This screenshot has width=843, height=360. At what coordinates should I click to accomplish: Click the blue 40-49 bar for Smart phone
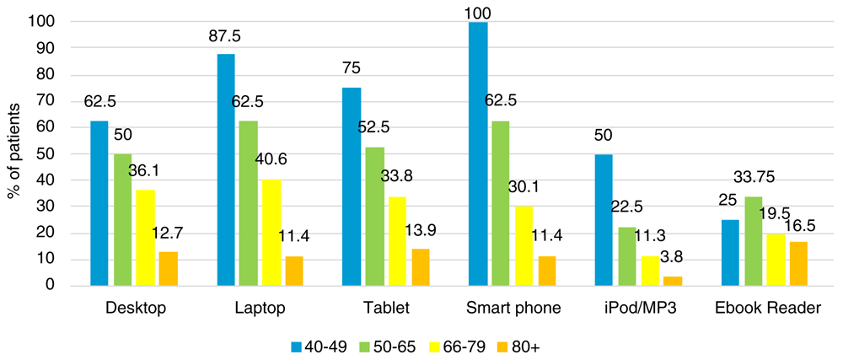tap(477, 153)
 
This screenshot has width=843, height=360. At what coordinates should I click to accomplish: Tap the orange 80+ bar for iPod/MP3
tap(672, 281)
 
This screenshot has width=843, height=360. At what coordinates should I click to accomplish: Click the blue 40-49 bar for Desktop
tap(99, 203)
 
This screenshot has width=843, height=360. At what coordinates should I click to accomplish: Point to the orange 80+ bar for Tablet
tap(421, 267)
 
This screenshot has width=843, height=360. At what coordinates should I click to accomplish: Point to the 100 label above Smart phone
tap(477, 12)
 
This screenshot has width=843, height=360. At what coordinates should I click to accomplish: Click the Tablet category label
tap(384, 309)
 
